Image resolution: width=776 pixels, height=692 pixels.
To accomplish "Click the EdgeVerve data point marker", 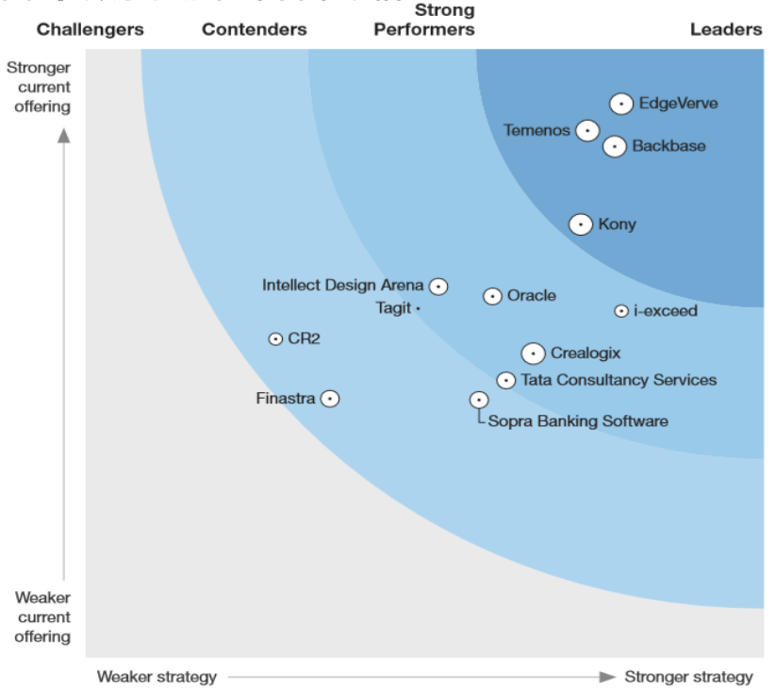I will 621,104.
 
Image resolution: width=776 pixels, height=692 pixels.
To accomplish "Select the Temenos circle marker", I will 588,131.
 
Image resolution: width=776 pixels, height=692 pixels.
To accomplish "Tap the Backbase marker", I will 615,146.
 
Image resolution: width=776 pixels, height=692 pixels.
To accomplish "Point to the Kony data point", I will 582,224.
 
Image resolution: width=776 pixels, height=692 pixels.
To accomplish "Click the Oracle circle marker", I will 492,296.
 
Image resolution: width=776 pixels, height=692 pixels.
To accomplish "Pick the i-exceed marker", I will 621,311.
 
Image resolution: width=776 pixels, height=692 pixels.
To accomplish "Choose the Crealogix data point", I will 534,354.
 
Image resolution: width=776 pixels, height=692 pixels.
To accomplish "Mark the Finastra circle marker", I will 330,399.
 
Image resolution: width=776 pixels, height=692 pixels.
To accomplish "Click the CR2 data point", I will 276,338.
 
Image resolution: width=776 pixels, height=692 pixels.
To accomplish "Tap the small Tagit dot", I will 418,307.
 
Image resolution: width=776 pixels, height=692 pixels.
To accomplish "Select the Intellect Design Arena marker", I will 438,286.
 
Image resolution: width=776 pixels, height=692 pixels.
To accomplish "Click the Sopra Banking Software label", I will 578,421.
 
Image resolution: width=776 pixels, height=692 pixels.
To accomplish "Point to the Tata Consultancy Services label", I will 619,380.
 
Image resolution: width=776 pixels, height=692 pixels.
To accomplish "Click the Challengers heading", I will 91,30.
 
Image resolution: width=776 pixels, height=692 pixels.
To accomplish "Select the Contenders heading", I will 255,30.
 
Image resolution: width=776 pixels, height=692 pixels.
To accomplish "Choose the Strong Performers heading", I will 424,21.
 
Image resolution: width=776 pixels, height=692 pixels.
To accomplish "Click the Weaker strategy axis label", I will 157,676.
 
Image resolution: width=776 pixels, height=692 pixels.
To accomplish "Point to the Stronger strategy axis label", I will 688,676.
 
